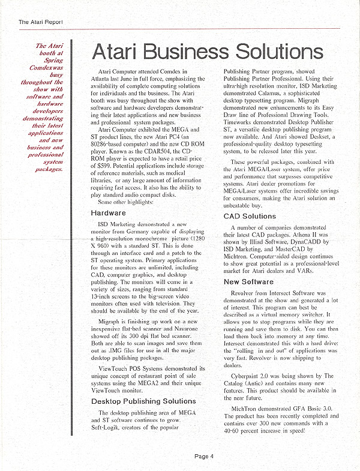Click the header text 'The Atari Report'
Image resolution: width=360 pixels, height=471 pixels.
tap(41, 22)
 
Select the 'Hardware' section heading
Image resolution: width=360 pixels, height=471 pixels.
tap(108, 212)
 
